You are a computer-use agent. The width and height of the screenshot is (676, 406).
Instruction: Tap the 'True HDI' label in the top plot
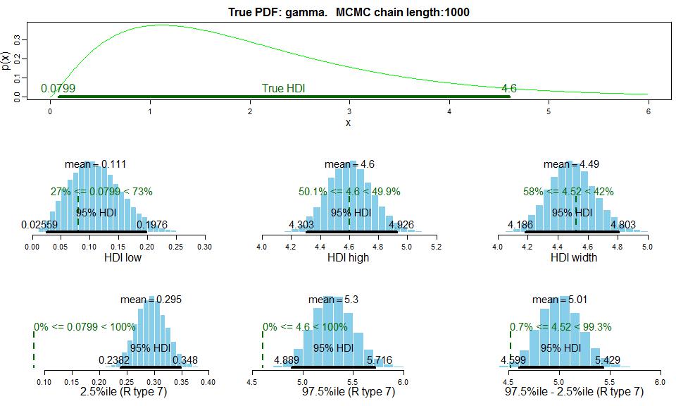coord(283,89)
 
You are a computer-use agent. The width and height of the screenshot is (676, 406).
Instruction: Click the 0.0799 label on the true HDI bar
coord(58,89)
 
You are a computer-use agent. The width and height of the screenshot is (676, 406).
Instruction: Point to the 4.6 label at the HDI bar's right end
coord(508,89)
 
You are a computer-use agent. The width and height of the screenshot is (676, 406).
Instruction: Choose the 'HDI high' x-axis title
coord(348,257)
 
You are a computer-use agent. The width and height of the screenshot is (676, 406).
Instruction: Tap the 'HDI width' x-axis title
coord(573,257)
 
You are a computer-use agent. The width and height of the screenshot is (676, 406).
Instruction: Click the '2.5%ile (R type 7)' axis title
coord(118,391)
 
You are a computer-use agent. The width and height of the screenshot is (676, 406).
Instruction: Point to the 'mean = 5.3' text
coord(333,300)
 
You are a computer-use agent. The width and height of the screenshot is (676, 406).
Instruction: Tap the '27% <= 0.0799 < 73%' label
coord(101,191)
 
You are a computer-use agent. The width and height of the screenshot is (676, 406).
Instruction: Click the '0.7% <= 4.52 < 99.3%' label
coord(561,327)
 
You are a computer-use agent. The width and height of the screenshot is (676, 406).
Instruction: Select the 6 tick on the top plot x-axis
coord(648,111)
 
